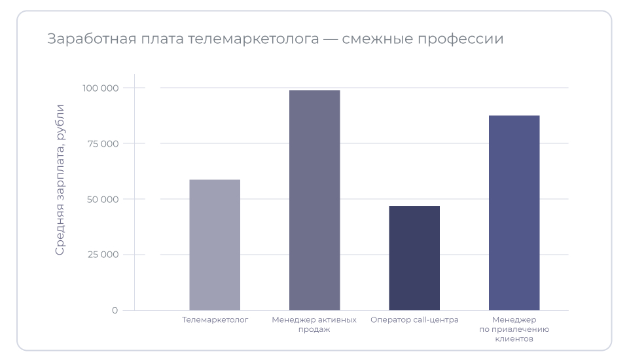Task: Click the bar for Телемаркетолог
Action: (x=215, y=245)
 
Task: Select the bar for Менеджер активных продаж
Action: (x=315, y=200)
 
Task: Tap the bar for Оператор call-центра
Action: (x=414, y=258)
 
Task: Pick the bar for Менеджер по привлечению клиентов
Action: (x=514, y=213)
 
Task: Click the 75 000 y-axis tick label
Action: (x=102, y=143)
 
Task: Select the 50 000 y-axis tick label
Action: (x=101, y=199)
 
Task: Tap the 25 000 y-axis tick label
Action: (x=102, y=255)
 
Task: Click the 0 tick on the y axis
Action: (x=115, y=310)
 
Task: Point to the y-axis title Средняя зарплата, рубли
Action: (x=60, y=179)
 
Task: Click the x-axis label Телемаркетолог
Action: (x=215, y=320)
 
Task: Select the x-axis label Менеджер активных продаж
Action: (x=314, y=325)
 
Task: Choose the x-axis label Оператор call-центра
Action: (x=414, y=320)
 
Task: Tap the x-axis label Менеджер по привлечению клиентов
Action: (x=514, y=330)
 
